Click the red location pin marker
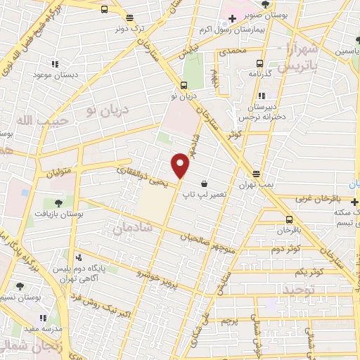181,165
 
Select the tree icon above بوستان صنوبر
264,4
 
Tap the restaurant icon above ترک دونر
104,10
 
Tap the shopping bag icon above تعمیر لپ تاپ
203,184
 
